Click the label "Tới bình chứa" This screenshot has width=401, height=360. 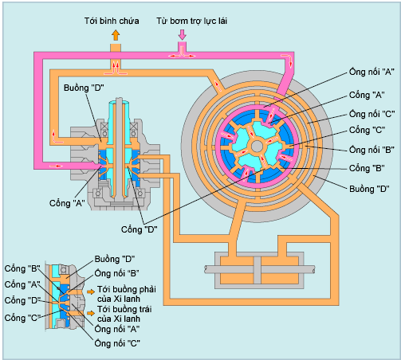click(x=112, y=21)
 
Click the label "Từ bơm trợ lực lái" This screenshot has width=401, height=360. click(x=191, y=21)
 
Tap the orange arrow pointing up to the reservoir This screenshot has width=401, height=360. click(x=116, y=35)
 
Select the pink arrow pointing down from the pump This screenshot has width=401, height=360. click(x=182, y=34)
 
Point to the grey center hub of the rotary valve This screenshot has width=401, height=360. click(x=257, y=147)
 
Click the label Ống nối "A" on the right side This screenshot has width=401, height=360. click(x=372, y=72)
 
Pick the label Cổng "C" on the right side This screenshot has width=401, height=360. click(x=367, y=130)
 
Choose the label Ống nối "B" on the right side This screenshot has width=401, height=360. click(x=372, y=150)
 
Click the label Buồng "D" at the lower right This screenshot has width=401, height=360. click(x=369, y=189)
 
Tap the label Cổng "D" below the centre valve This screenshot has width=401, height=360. click(x=139, y=229)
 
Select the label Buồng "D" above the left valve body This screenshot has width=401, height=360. click(x=84, y=88)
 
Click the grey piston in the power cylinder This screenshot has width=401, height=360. click(x=258, y=270)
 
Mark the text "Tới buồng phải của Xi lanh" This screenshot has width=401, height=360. click(x=127, y=294)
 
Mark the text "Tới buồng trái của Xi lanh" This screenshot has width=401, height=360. click(x=124, y=314)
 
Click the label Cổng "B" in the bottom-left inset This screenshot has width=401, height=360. click(x=22, y=268)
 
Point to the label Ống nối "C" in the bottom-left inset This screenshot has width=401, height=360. click(x=117, y=343)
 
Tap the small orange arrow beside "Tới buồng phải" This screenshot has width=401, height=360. click(x=91, y=292)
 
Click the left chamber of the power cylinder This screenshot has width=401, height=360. click(x=237, y=270)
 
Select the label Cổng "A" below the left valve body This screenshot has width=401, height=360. click(x=67, y=203)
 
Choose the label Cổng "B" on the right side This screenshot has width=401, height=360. click(x=367, y=168)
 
